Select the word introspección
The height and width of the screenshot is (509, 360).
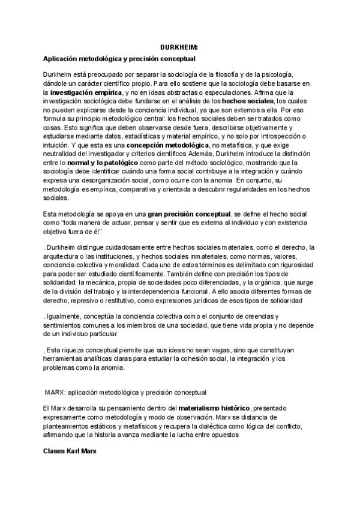pos(277,136)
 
